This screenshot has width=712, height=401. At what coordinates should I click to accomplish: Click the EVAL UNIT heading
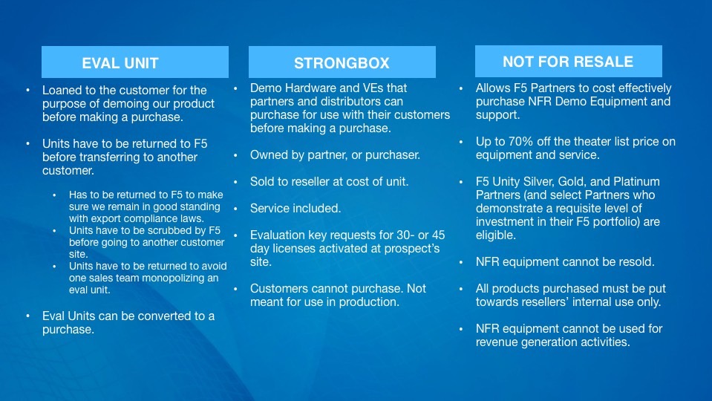pyautogui.click(x=120, y=63)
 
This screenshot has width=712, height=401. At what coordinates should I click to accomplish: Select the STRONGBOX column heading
pyautogui.click(x=342, y=63)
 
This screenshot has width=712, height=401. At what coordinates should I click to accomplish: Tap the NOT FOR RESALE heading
pyautogui.click(x=568, y=62)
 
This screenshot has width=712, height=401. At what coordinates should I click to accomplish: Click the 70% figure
pyautogui.click(x=521, y=142)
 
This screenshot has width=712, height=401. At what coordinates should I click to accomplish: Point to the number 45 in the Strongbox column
pyautogui.click(x=438, y=235)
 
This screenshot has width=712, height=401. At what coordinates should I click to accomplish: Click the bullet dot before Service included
pyautogui.click(x=235, y=209)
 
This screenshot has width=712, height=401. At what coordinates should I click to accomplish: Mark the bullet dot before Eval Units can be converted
pyautogui.click(x=28, y=316)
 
